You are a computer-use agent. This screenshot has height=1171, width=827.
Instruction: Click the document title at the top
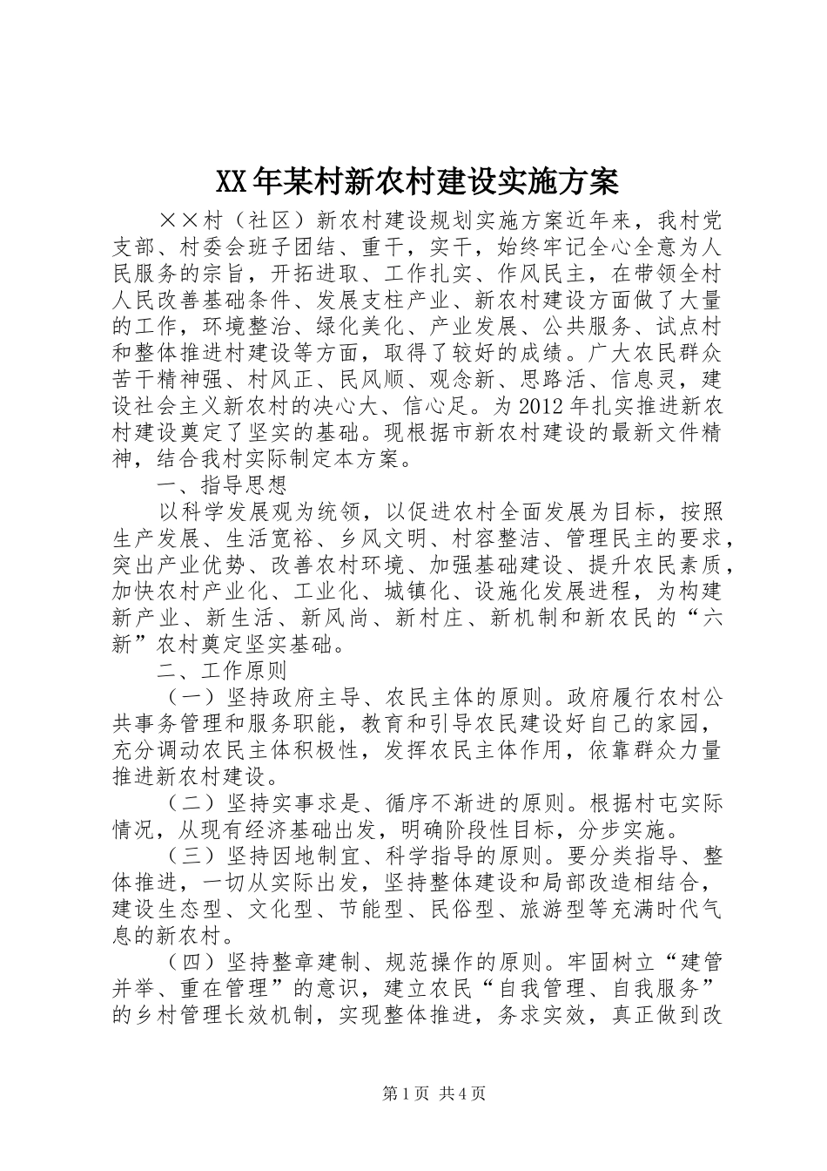pyautogui.click(x=414, y=181)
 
